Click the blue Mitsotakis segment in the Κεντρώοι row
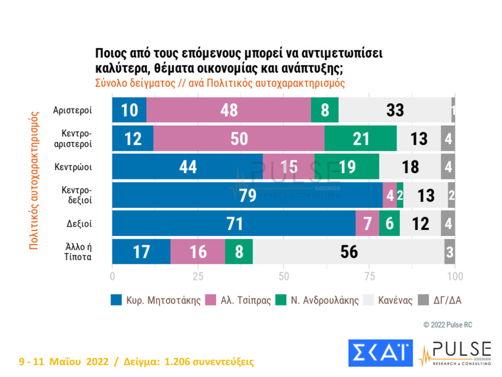pyautogui.click(x=187, y=167)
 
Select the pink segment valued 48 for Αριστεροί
pyautogui.click(x=229, y=110)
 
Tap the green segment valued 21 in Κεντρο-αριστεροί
pyautogui.click(x=361, y=138)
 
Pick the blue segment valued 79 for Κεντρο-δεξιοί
pyautogui.click(x=247, y=195)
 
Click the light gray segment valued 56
pyautogui.click(x=348, y=252)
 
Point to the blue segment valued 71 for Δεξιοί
pyautogui.click(x=233, y=224)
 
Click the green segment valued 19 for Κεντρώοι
pyautogui.click(x=346, y=167)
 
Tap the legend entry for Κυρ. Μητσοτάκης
pyautogui.click(x=156, y=300)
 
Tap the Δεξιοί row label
pyautogui.click(x=77, y=224)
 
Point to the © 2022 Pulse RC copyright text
pyautogui.click(x=448, y=324)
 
